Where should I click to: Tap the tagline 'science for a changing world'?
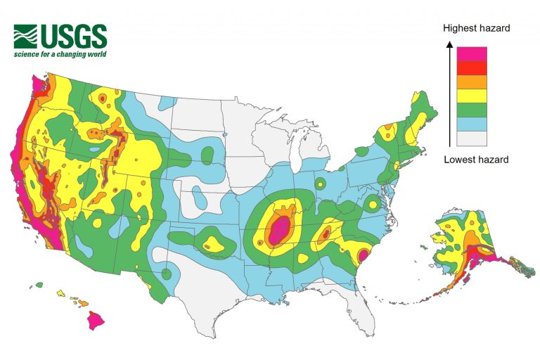point(60,54)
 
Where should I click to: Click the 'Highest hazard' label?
point(476,28)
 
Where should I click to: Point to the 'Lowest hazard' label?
point(476,160)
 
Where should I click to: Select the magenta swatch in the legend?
point(472,53)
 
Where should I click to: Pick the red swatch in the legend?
point(472,67)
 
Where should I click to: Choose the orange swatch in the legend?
point(472,82)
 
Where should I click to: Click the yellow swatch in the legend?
point(472,96)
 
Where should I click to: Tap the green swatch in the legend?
point(472,110)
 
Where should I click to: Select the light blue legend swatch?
point(472,124)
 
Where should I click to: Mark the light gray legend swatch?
point(472,138)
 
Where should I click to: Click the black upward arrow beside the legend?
point(449,91)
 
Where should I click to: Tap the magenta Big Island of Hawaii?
point(96,321)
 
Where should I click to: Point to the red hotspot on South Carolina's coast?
point(364,255)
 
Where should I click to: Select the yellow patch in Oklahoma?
point(212,244)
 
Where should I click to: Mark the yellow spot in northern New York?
point(386,131)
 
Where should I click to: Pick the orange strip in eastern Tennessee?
point(323,233)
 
